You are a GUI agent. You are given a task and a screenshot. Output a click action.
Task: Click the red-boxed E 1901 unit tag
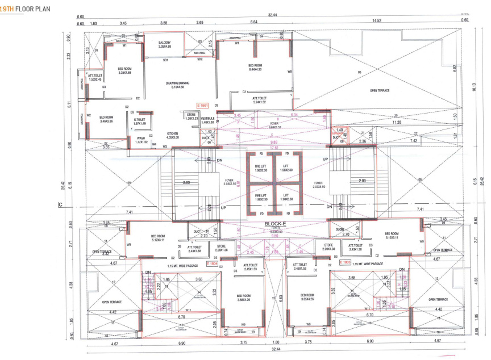[x=203, y=106]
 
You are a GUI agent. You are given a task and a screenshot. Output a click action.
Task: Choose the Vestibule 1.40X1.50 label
[x=207, y=120]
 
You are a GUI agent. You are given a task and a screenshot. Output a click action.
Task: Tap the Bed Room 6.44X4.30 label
[x=255, y=67]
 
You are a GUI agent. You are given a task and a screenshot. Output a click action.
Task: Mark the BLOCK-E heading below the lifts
[x=276, y=224]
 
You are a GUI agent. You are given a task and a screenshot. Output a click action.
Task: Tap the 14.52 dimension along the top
[x=376, y=21]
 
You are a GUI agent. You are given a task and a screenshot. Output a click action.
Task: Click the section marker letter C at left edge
[x=60, y=204]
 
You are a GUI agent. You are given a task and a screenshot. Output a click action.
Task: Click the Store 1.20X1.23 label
[x=190, y=117]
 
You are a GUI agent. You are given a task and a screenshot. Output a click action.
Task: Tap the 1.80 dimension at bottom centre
[x=276, y=342]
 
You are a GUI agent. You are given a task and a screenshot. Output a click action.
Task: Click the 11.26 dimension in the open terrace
[x=397, y=122]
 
